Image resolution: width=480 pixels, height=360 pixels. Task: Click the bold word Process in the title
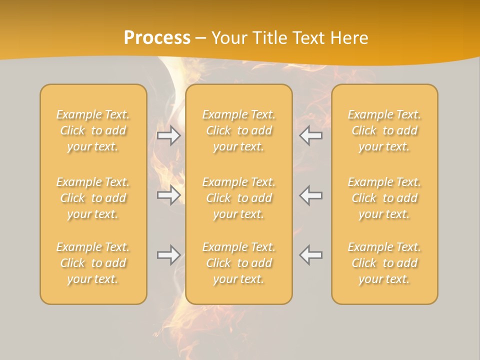pos(157,38)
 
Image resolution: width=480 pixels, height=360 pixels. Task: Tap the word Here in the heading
pos(349,38)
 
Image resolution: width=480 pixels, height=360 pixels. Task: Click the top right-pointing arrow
pos(168,135)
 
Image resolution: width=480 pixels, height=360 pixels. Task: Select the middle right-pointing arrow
pos(168,195)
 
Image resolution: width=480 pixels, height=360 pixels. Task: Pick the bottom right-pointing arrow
pos(168,255)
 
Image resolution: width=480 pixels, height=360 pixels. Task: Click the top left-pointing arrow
pos(311,135)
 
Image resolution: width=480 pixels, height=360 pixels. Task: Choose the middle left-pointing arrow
pos(311,195)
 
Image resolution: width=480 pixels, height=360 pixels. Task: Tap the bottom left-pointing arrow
pos(311,255)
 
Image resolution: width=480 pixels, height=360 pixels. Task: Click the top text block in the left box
pos(93,130)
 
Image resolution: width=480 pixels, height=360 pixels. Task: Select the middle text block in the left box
pos(93,198)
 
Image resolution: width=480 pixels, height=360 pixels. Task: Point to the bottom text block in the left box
pos(93,263)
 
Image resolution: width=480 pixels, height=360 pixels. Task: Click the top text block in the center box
pos(238,130)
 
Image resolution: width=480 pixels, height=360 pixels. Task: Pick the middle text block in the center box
pos(238,198)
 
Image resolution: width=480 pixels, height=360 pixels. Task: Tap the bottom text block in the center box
pos(238,263)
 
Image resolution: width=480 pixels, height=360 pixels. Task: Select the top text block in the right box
pos(384,130)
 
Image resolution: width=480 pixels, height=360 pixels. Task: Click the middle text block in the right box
pos(384,198)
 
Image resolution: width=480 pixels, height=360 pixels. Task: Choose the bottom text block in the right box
pos(384,263)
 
